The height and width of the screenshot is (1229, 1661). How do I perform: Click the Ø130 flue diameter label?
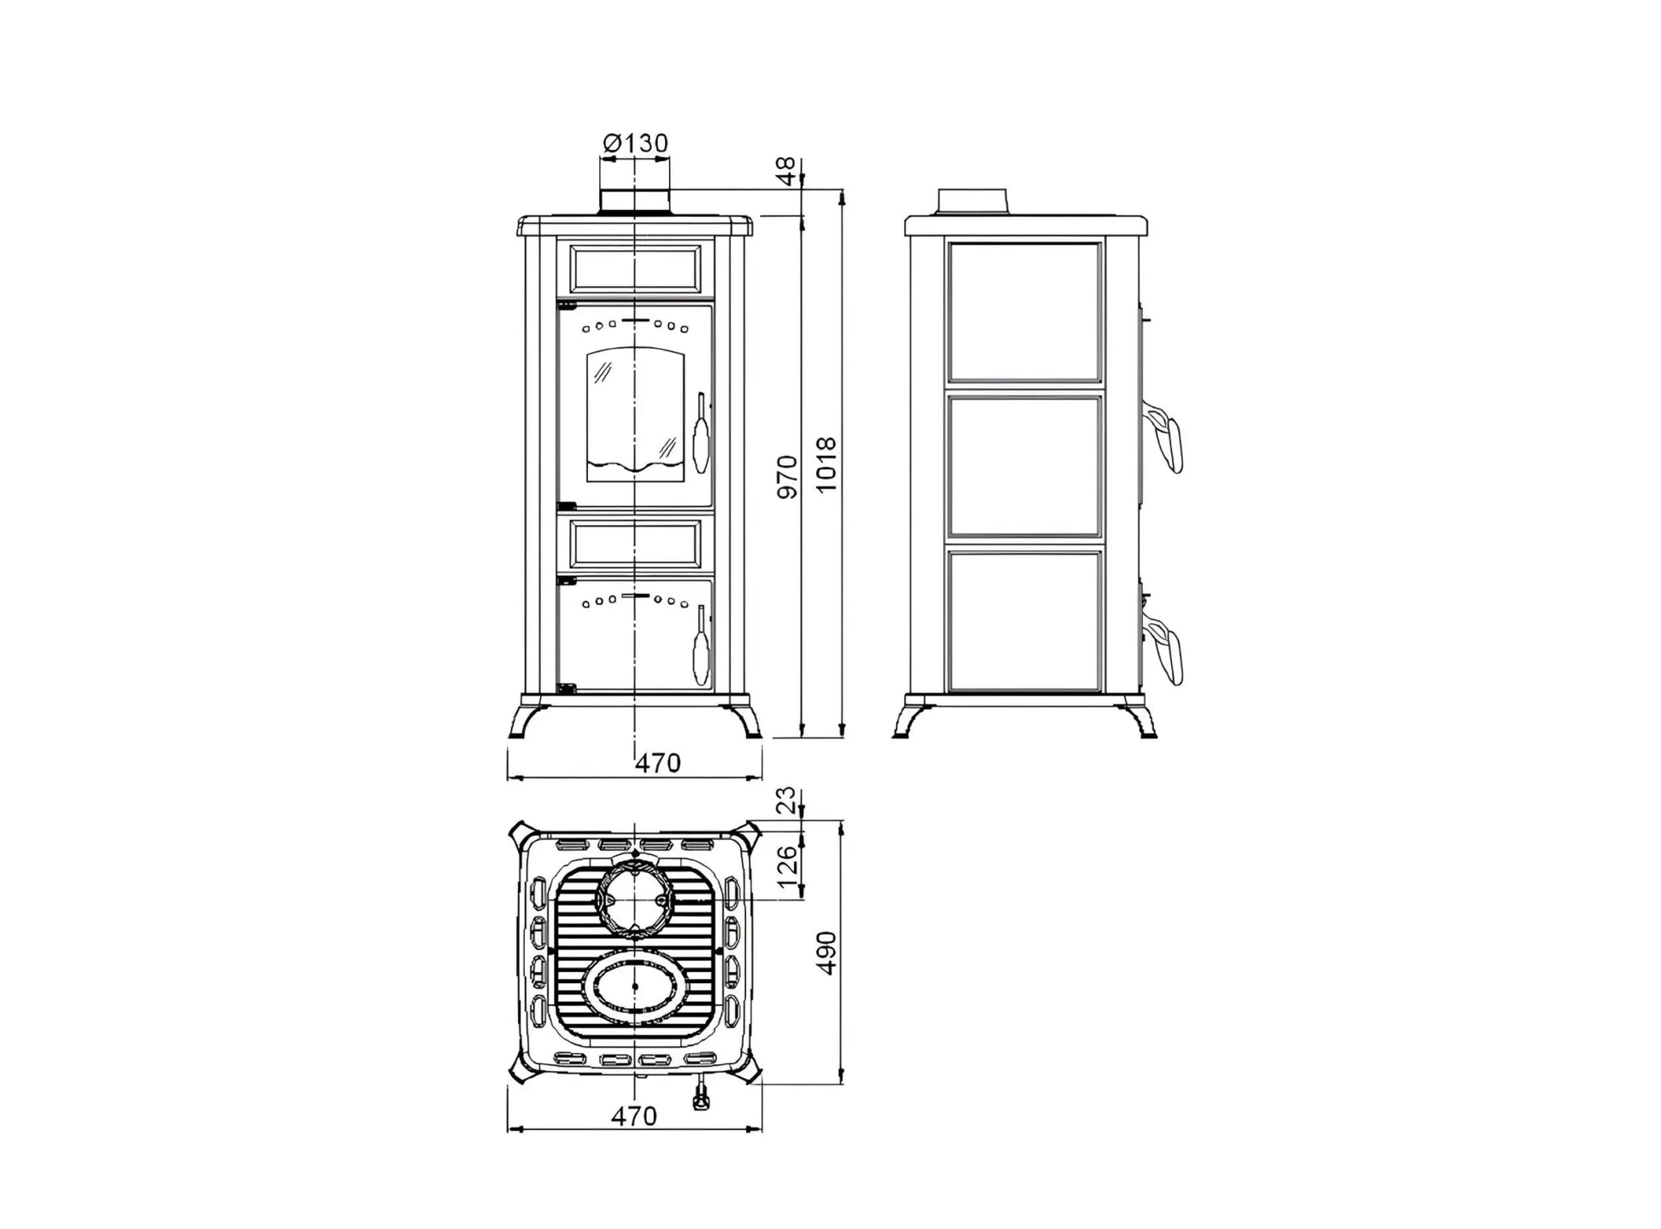(x=635, y=143)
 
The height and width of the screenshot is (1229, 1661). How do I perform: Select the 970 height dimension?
(x=787, y=477)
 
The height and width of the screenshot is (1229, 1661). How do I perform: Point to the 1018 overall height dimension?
(x=826, y=465)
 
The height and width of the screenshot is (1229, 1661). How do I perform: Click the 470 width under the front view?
(x=658, y=762)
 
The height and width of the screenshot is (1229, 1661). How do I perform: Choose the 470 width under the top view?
(x=634, y=1115)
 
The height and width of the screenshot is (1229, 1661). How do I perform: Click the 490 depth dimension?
(x=826, y=952)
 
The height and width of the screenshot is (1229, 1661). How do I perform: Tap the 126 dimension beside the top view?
(x=787, y=864)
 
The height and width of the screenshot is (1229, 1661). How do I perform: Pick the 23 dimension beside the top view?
(x=787, y=801)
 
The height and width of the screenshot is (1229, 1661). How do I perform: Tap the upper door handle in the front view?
(x=702, y=433)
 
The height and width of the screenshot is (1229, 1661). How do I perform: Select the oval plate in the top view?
(x=633, y=987)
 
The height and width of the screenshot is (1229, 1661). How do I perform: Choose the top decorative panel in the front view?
(x=635, y=268)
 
